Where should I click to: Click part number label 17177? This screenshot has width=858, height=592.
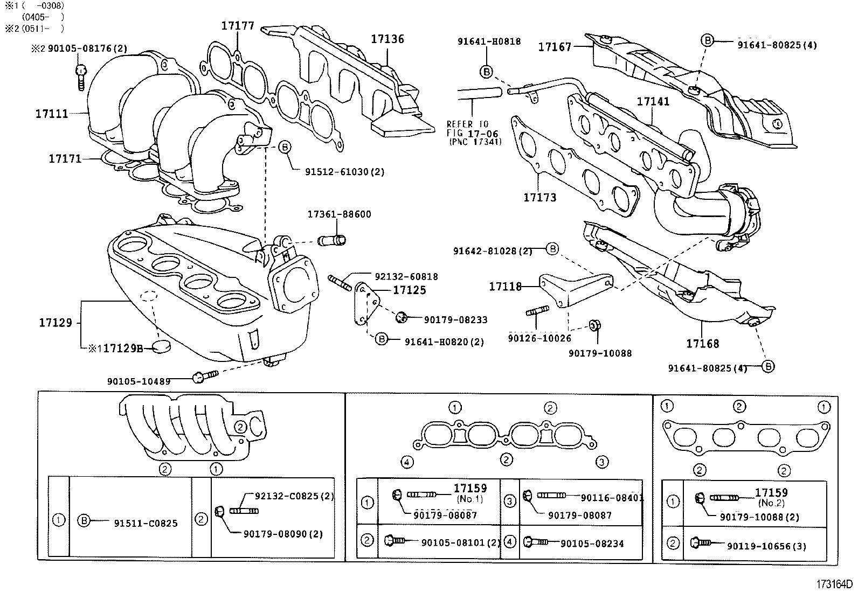tap(238, 25)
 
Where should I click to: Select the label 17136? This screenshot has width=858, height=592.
tap(387, 39)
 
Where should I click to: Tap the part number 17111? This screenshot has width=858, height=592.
tap(52, 114)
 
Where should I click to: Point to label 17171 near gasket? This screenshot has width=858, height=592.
tap(65, 158)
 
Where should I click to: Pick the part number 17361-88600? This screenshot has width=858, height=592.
tap(339, 214)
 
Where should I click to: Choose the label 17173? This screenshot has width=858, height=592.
tap(539, 197)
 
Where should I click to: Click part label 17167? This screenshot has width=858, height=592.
tap(555, 47)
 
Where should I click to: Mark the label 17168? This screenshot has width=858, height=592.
tap(702, 343)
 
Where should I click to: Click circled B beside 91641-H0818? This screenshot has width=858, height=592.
tap(486, 71)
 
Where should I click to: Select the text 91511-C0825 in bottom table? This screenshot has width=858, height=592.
tap(146, 523)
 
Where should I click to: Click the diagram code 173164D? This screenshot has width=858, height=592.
tap(833, 584)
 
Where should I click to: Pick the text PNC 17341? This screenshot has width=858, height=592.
tap(474, 142)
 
